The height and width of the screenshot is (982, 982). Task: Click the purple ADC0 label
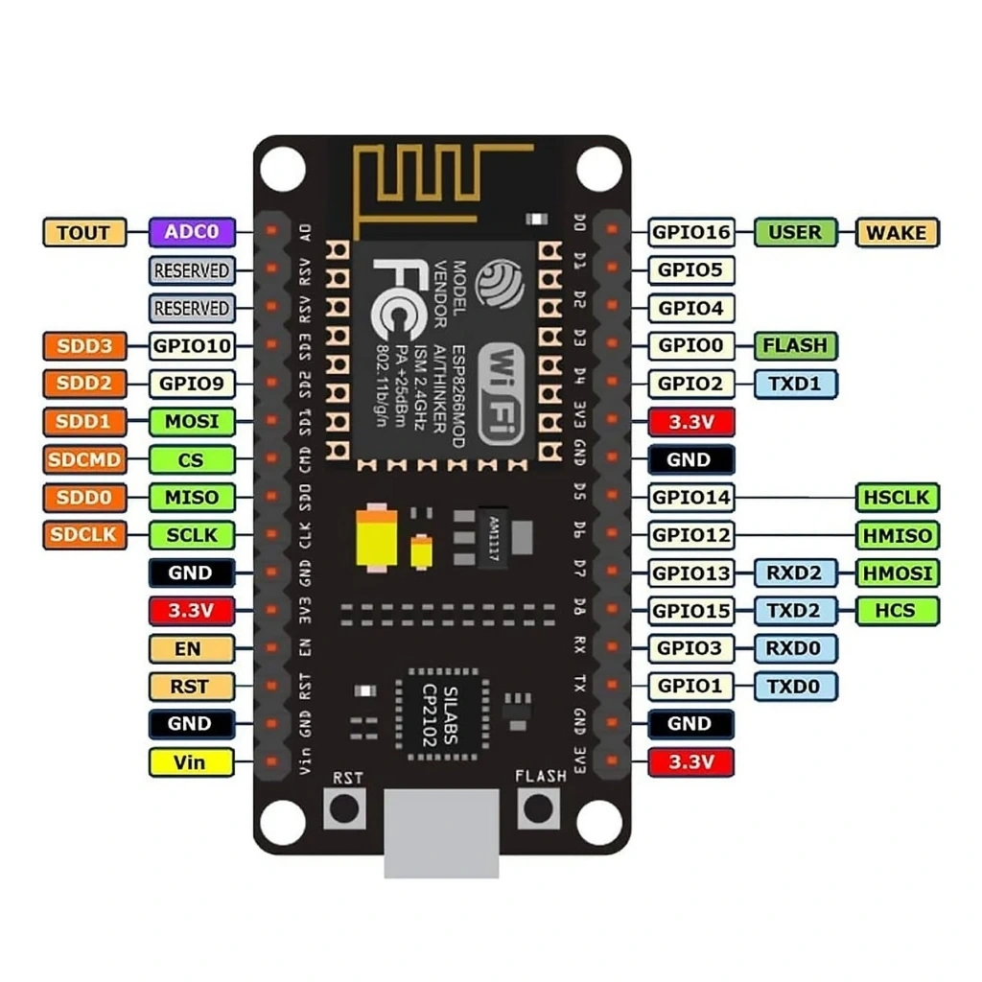point(192,232)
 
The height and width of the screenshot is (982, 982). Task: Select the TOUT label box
point(83,232)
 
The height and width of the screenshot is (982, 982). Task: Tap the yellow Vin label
point(191,762)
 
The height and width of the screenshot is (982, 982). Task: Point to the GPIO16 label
point(690,232)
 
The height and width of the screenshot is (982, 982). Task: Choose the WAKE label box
point(896,232)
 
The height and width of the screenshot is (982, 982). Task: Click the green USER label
point(795,232)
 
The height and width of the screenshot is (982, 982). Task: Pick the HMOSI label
point(897,573)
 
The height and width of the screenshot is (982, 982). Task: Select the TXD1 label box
point(795,384)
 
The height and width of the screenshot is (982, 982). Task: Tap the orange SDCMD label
point(83,459)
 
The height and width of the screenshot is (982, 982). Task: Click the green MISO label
point(191,498)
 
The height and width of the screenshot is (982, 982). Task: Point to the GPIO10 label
point(191,345)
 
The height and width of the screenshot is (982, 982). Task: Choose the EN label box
point(191,649)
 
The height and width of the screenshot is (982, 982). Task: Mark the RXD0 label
point(795,649)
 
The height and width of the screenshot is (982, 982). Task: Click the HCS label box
point(897,611)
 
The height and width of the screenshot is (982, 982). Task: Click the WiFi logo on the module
point(501,393)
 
